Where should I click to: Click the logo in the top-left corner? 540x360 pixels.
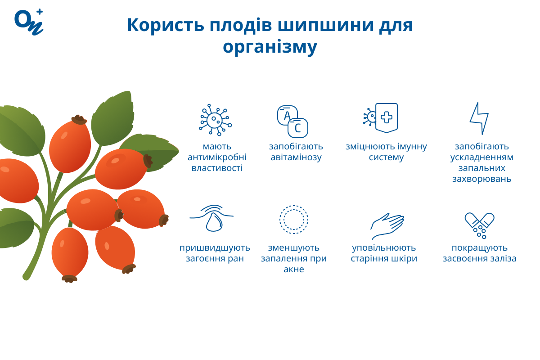pyautogui.click(x=29, y=21)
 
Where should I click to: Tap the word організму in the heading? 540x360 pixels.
pyautogui.click(x=270, y=46)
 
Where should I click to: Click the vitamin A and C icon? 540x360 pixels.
pyautogui.click(x=292, y=121)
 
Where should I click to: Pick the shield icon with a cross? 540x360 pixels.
pyautogui.click(x=386, y=117)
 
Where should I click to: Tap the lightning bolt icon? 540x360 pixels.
pyautogui.click(x=479, y=118)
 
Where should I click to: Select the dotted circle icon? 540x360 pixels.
pyautogui.click(x=294, y=220)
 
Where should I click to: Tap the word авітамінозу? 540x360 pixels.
pyautogui.click(x=296, y=157)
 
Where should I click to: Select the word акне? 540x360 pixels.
pyautogui.click(x=294, y=270)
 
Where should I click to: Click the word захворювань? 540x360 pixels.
pyautogui.click(x=481, y=179)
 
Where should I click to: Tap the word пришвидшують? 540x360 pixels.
pyautogui.click(x=215, y=248)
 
